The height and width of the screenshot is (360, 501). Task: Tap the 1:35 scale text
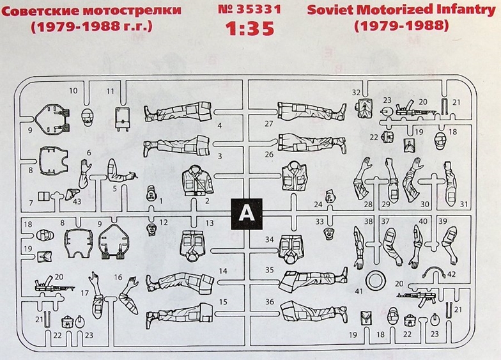point(250,29)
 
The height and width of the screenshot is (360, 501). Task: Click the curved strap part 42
point(438,271)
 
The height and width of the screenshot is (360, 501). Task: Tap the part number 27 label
point(268,123)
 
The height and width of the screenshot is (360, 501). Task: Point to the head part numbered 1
point(151,192)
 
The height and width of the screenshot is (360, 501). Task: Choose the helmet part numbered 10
point(88,117)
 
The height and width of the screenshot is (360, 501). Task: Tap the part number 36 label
point(269,302)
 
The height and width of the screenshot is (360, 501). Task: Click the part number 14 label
point(222,271)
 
